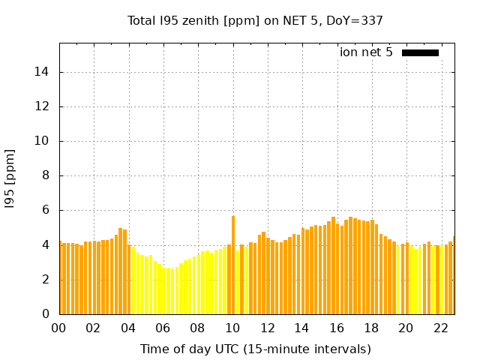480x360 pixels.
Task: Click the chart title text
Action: [255, 21]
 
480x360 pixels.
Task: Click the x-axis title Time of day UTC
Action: [255, 349]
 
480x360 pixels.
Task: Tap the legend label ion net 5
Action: [366, 52]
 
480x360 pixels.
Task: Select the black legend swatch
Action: [420, 52]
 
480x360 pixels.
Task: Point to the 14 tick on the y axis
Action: [43, 72]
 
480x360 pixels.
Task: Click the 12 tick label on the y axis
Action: [43, 106]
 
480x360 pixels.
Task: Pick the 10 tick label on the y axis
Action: [43, 141]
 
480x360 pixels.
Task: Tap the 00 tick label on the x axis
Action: [58, 328]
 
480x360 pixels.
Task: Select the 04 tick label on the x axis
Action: [128, 328]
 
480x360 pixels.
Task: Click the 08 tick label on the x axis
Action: [197, 328]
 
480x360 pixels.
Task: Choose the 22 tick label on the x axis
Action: [440, 328]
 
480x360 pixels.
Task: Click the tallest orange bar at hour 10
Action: [233, 262]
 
